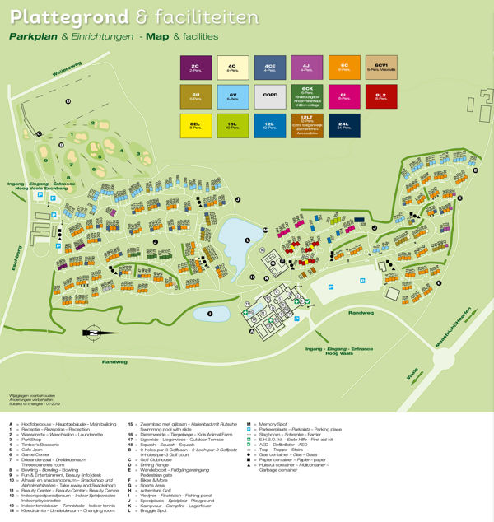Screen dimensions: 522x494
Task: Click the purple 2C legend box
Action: coord(194,68)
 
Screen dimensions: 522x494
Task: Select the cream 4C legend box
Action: coord(232,68)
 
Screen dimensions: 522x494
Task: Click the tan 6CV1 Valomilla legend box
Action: coord(380,68)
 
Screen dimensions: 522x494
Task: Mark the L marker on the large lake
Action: coord(247,240)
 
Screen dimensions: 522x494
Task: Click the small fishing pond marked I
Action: coord(211,313)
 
